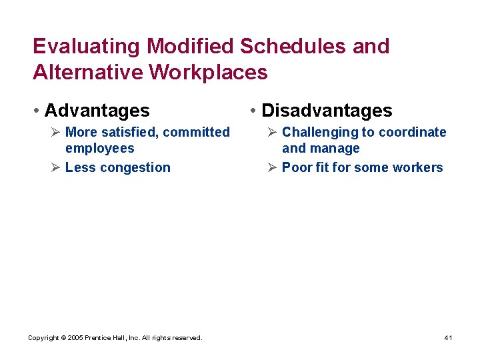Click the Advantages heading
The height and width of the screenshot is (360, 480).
click(x=97, y=110)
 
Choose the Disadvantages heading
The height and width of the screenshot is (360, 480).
click(x=327, y=110)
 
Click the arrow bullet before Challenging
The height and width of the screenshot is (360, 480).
click(x=272, y=132)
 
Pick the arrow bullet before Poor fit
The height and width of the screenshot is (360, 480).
click(x=272, y=167)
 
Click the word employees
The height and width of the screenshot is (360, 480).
click(x=99, y=149)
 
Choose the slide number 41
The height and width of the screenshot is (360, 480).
click(x=448, y=338)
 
